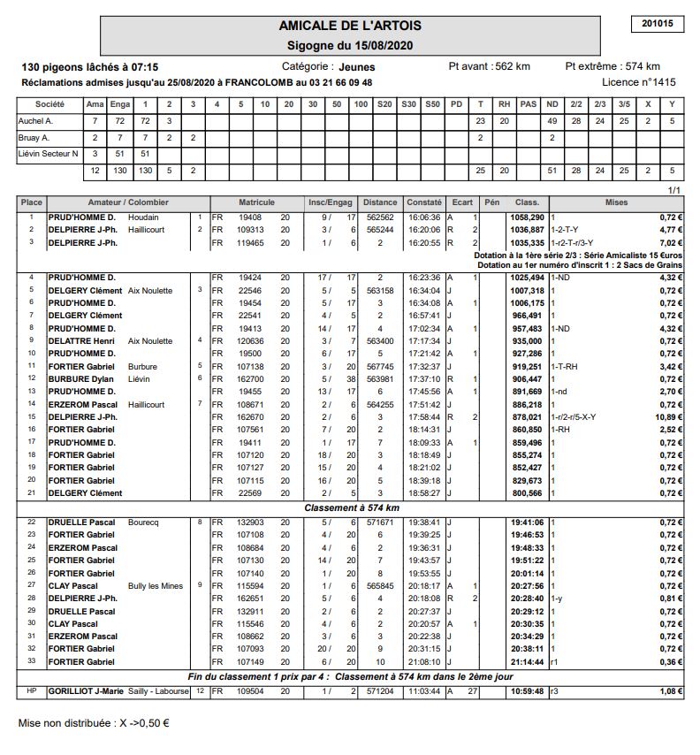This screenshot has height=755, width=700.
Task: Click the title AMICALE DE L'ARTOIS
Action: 350,26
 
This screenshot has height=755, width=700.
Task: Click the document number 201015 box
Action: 658,24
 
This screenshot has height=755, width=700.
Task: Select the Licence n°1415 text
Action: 639,82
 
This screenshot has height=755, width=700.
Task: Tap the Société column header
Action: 49,104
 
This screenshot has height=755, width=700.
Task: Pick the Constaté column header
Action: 424,202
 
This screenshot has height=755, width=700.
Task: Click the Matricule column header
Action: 256,202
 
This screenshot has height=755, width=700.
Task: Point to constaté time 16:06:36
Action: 424,217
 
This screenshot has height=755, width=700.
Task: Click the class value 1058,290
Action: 527,217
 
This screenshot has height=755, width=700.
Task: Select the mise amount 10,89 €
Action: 669,416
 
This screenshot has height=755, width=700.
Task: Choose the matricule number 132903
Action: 251,522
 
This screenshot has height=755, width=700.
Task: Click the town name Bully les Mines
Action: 156,585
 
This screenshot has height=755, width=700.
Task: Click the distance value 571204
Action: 380,691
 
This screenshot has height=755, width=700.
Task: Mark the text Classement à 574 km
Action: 352,508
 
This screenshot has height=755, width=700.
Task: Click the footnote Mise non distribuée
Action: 94,722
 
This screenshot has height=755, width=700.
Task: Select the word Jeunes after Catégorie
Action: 357,66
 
